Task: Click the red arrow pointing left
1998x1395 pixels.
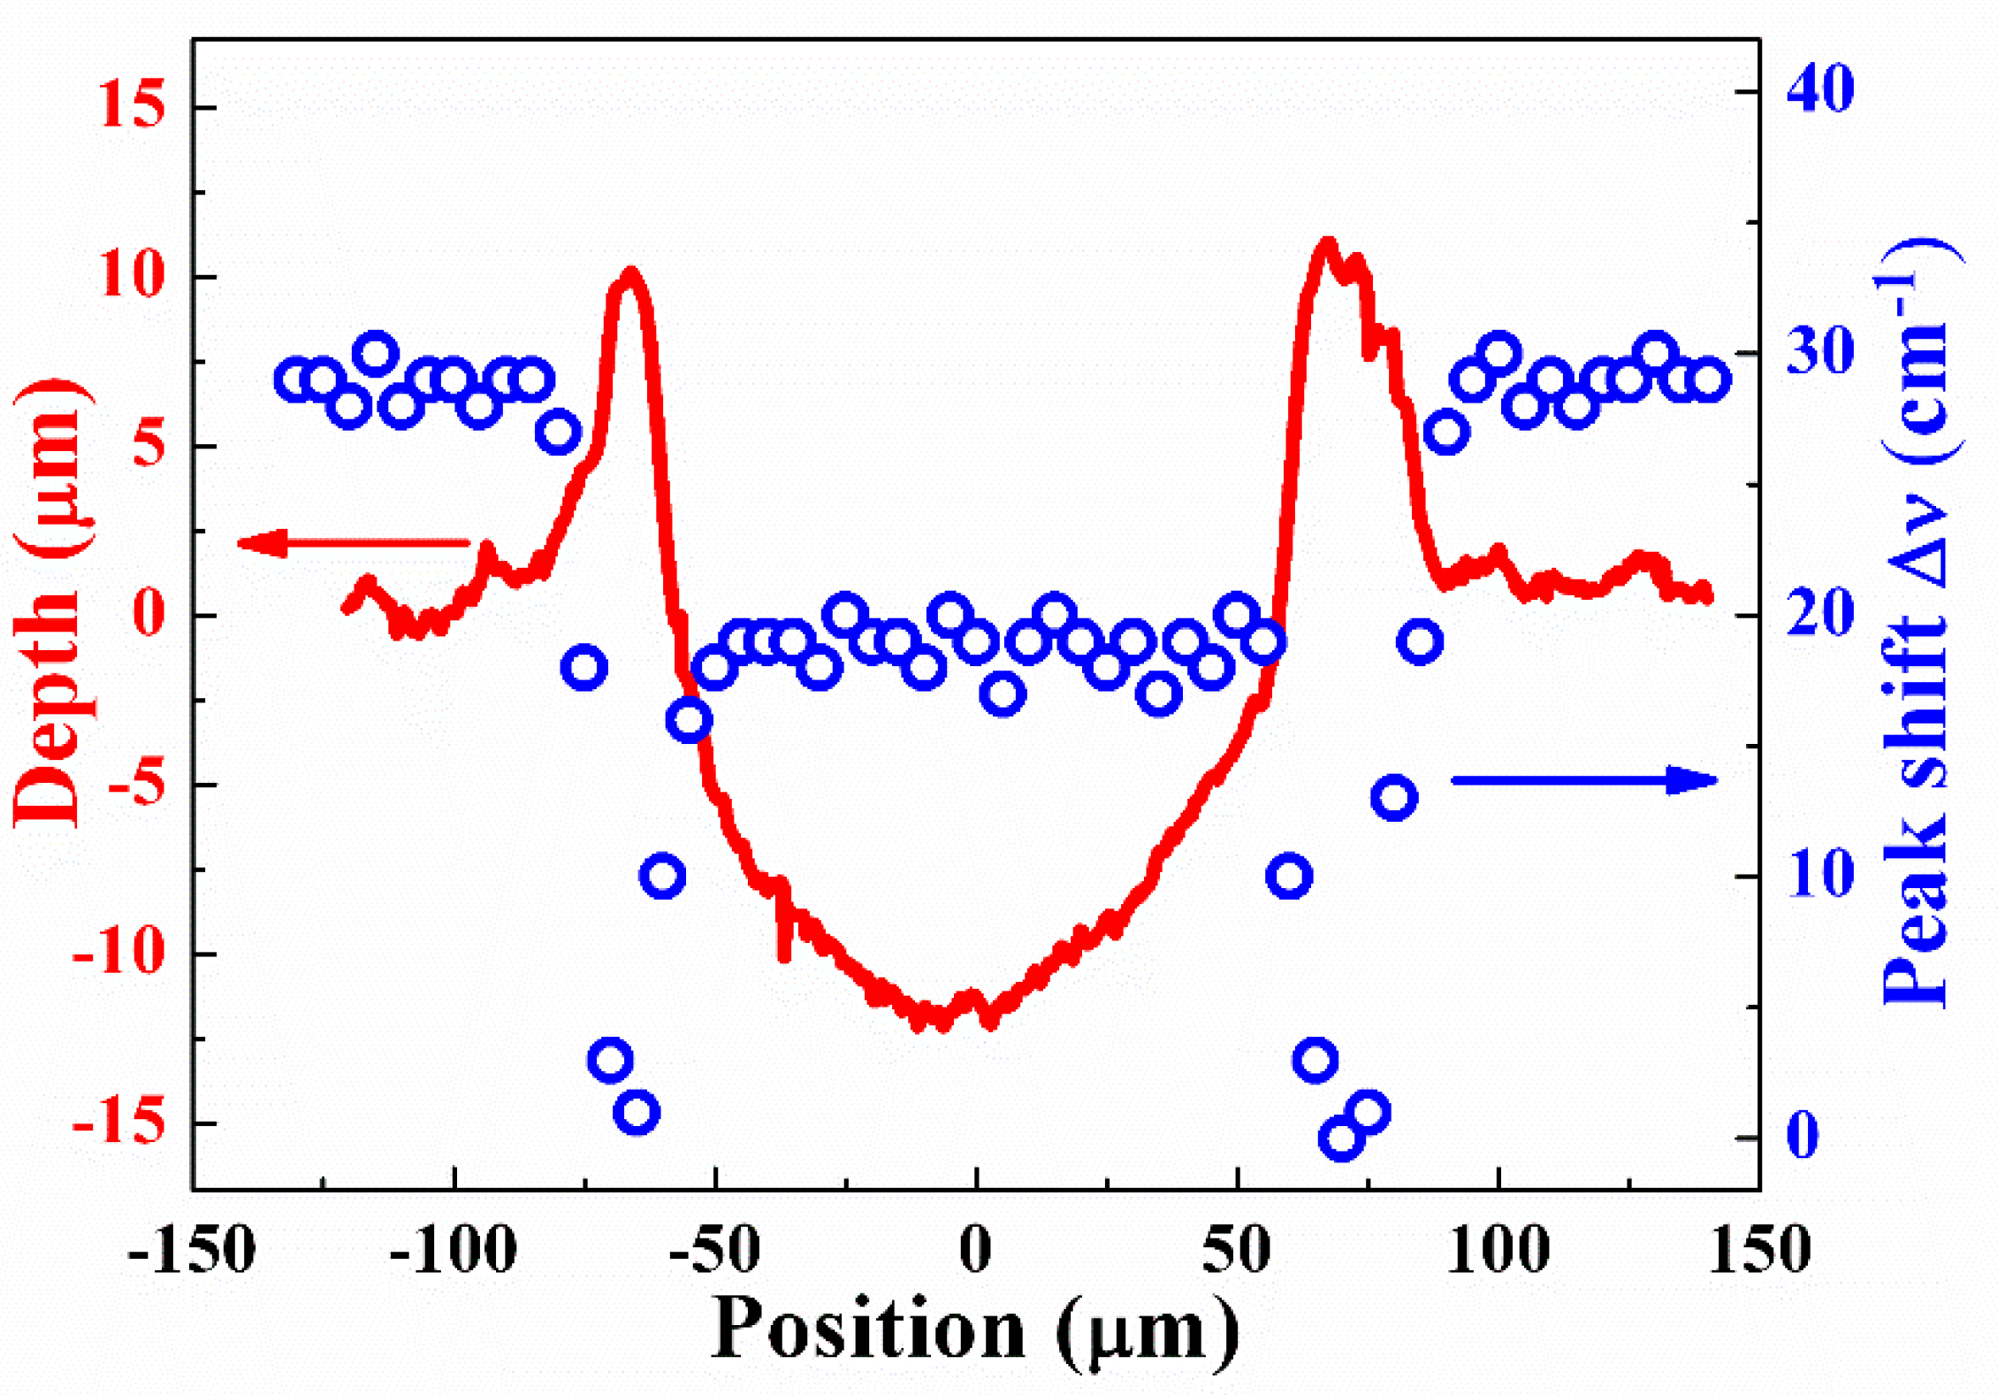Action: tap(354, 542)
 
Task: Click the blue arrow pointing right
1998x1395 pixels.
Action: tap(1583, 779)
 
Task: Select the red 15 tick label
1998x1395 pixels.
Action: tap(132, 104)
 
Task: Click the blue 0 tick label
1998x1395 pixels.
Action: tap(1804, 1135)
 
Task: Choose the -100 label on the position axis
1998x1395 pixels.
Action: tap(453, 1251)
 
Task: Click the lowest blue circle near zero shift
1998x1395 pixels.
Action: tap(1341, 1138)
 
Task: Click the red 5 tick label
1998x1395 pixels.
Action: tap(149, 444)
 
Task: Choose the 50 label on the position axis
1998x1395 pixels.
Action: tap(1236, 1251)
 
